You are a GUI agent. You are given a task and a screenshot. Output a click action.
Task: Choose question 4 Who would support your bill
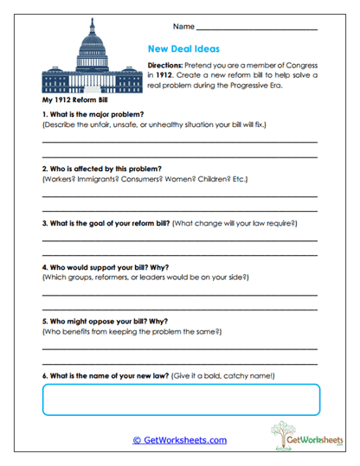pyautogui.click(x=103, y=266)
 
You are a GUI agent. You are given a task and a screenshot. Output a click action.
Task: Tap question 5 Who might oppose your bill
pyautogui.click(x=102, y=320)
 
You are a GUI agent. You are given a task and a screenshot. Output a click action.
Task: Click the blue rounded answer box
pyautogui.click(x=180, y=399)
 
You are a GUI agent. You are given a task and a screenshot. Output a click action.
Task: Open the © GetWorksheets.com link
pyautogui.click(x=180, y=440)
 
